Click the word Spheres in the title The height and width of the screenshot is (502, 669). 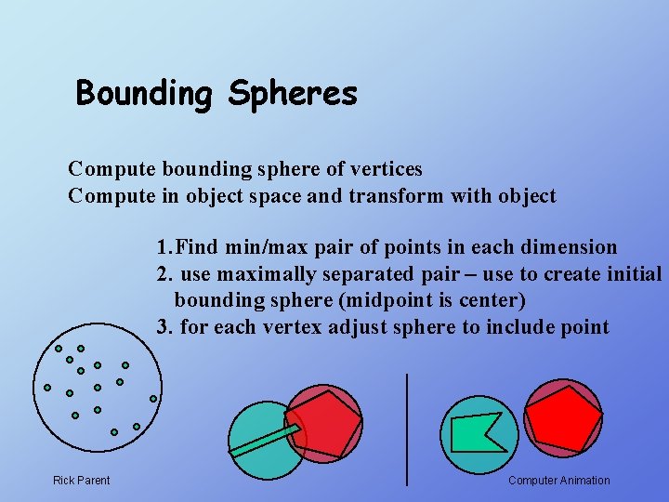tap(293, 94)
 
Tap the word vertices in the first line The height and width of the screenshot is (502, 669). tap(384, 169)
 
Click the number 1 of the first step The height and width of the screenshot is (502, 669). tap(162, 247)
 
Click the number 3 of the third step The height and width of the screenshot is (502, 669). tap(162, 327)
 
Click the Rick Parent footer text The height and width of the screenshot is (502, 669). tap(81, 481)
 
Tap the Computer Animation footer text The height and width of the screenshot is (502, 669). tap(559, 481)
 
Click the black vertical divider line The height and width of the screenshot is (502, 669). tap(407, 428)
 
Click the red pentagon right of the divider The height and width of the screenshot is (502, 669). tap(562, 416)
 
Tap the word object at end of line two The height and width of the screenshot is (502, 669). tap(526, 196)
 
